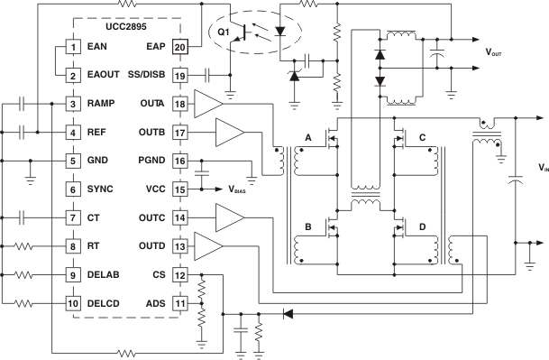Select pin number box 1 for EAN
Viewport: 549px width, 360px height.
pyautogui.click(x=72, y=47)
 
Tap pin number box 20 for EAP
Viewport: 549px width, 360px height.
pyautogui.click(x=179, y=47)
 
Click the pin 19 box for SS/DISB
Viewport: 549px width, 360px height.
pyautogui.click(x=179, y=76)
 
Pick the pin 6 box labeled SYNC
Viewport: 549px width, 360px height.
pyautogui.click(x=72, y=189)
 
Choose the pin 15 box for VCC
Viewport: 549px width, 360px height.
pyautogui.click(x=179, y=189)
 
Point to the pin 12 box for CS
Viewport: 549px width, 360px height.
pyautogui.click(x=179, y=274)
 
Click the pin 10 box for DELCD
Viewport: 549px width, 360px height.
pyautogui.click(x=72, y=303)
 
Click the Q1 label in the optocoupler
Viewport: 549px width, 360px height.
pyautogui.click(x=225, y=35)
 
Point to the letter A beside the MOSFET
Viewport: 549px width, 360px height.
pyautogui.click(x=307, y=137)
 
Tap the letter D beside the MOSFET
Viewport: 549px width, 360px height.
pyautogui.click(x=423, y=227)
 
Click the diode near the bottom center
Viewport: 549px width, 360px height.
pyautogui.click(x=288, y=314)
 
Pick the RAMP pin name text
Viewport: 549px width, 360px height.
pyautogui.click(x=98, y=105)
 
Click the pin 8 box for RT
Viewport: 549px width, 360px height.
pyautogui.click(x=72, y=246)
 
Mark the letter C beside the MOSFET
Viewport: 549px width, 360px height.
pyautogui.click(x=423, y=137)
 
